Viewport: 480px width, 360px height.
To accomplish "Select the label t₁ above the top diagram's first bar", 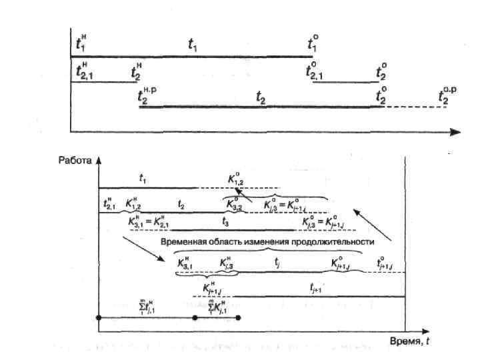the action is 192,46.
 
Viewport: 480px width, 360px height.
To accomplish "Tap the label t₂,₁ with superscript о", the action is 312,71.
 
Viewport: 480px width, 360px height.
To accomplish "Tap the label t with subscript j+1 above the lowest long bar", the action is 316,287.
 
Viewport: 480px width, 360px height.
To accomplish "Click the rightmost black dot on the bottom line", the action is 238,318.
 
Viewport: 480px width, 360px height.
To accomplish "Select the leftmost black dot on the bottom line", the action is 99,318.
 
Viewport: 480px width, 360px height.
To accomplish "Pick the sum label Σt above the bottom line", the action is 147,307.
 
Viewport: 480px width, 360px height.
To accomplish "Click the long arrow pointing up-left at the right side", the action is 373,225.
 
